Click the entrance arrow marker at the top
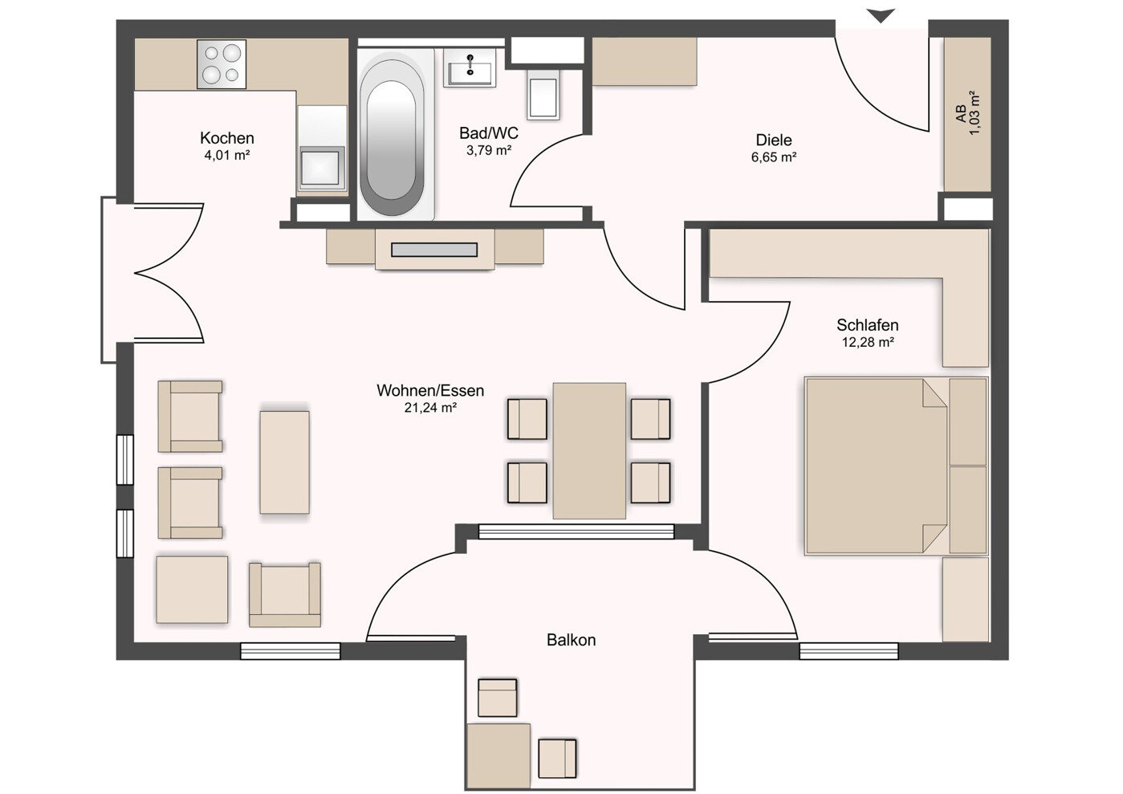881,15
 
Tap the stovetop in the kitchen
222,64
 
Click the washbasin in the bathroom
470,68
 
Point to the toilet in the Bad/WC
543,95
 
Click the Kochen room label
227,138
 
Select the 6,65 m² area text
773,157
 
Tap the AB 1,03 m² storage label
968,113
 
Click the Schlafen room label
867,325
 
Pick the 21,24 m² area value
430,408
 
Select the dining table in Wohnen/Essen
589,450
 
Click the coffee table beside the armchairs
284,462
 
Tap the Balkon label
571,640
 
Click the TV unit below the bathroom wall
434,249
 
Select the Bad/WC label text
488,133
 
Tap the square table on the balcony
498,755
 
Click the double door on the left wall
153,273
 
